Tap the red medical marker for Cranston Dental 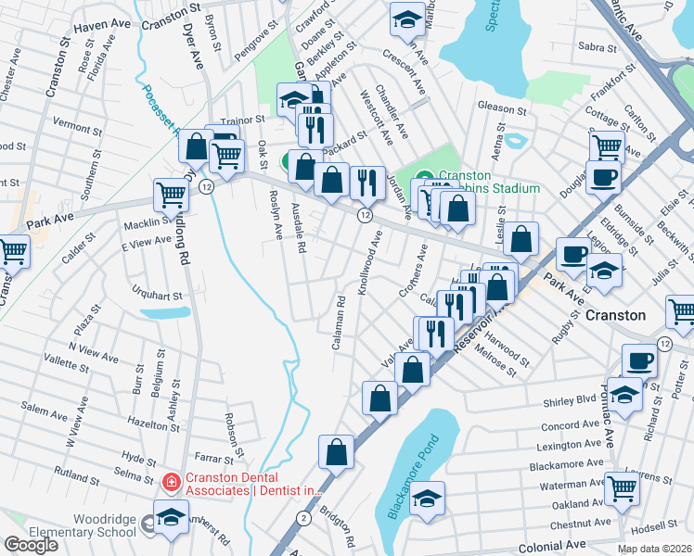tap(171, 482)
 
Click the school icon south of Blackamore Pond tap(427, 500)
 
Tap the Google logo tap(31, 544)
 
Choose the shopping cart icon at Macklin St tap(172, 196)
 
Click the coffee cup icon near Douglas tap(602, 177)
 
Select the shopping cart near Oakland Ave tap(622, 486)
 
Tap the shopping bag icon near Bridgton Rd tap(337, 451)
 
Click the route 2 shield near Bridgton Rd tap(303, 517)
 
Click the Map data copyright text tap(653, 549)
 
